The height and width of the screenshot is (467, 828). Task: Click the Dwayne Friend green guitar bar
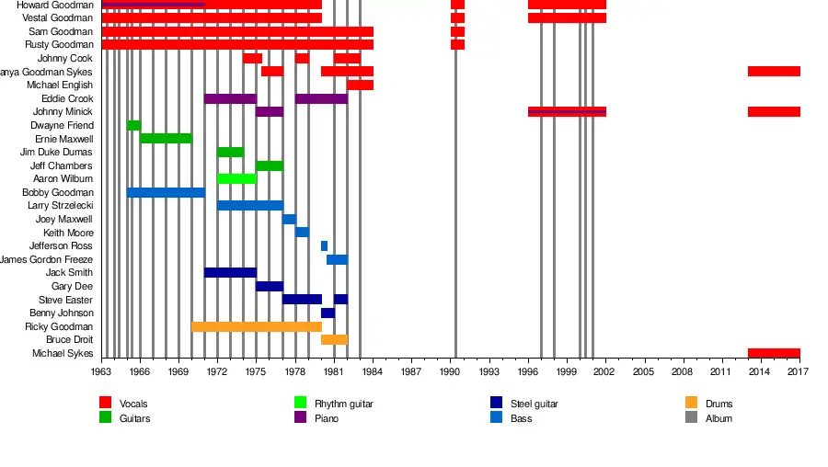pyautogui.click(x=134, y=125)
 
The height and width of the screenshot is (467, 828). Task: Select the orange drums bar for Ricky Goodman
pyautogui.click(x=257, y=326)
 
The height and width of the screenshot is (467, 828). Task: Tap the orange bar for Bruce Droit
pyautogui.click(x=334, y=340)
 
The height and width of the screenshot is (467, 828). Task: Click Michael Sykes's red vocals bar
pyautogui.click(x=774, y=353)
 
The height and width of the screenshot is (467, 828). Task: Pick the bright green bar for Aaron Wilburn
pyautogui.click(x=236, y=178)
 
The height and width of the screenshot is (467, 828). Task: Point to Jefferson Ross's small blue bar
pyautogui.click(x=324, y=245)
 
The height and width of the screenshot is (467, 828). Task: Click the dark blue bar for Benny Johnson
pyautogui.click(x=328, y=313)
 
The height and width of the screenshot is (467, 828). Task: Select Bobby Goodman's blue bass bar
pyautogui.click(x=166, y=192)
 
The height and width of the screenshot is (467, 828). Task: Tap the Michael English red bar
pyautogui.click(x=360, y=85)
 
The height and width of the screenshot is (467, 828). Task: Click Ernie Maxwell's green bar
pyautogui.click(x=166, y=139)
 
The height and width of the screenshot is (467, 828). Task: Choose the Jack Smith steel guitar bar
pyautogui.click(x=230, y=273)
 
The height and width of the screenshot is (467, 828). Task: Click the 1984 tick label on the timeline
pyautogui.click(x=373, y=371)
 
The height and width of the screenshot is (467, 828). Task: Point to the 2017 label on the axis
pyautogui.click(x=798, y=371)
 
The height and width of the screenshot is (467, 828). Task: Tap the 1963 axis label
pyautogui.click(x=101, y=371)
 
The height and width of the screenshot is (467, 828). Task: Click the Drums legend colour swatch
pyautogui.click(x=692, y=404)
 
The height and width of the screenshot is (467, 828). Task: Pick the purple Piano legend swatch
pyautogui.click(x=300, y=418)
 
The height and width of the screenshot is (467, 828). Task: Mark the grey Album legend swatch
pyautogui.click(x=692, y=418)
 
